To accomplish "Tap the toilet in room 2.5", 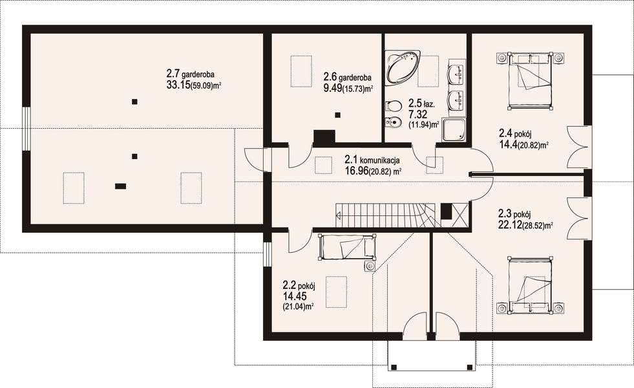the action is (394, 106).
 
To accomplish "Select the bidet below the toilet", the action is (393, 122).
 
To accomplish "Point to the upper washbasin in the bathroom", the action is (457, 75).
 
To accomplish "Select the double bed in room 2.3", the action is (530, 285).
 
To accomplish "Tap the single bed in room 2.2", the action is (347, 248).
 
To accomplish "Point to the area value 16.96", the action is (356, 171).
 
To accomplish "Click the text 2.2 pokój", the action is (299, 286).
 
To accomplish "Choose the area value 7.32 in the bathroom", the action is (417, 114).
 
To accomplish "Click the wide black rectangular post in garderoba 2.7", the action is (120, 186).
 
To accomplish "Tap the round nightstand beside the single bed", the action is (369, 266).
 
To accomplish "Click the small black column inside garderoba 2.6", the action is (337, 115).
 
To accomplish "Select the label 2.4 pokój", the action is (514, 133).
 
